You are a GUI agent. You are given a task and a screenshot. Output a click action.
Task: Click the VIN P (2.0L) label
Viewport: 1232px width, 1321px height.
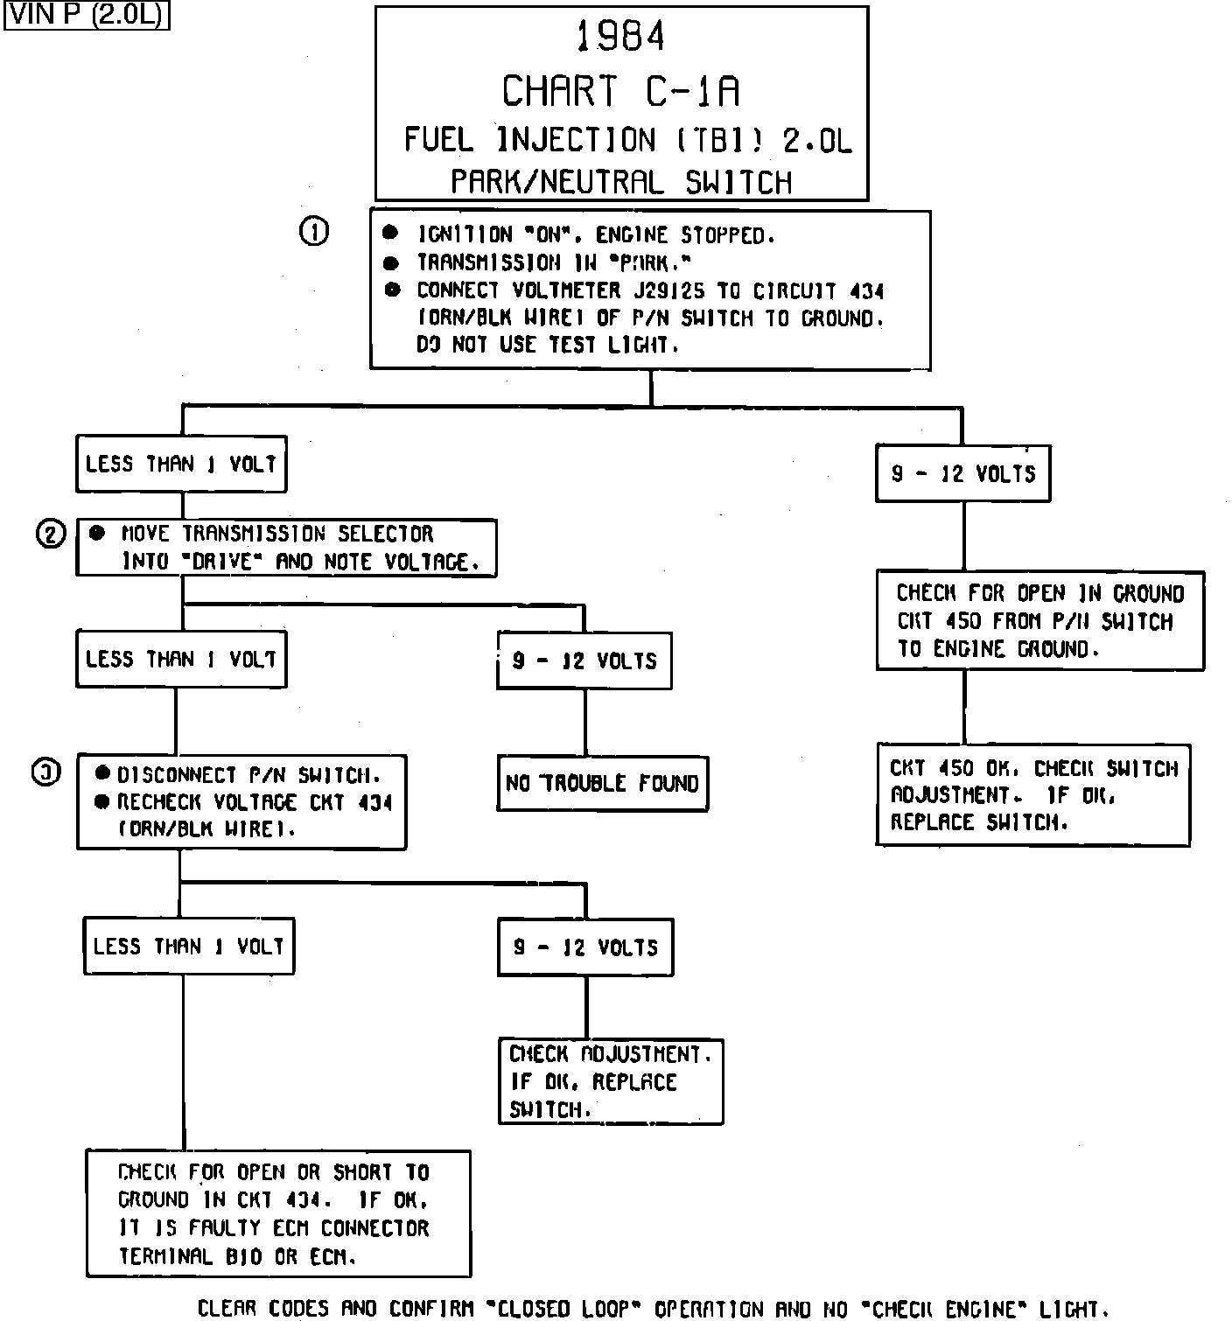(86, 17)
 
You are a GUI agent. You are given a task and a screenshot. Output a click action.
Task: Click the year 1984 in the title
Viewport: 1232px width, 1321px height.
(621, 37)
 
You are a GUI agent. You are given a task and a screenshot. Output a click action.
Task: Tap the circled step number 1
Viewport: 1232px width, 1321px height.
(315, 232)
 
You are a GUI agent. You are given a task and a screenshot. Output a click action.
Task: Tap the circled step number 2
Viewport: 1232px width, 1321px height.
(51, 533)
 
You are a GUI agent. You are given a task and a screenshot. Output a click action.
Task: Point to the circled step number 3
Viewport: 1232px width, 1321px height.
(47, 772)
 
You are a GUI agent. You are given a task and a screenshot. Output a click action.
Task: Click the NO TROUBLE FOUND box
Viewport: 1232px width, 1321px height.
(602, 784)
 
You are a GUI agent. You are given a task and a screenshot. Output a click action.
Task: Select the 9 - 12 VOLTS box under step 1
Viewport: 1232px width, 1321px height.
(962, 473)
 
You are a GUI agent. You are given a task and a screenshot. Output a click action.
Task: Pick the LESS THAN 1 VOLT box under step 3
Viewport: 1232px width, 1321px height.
(189, 946)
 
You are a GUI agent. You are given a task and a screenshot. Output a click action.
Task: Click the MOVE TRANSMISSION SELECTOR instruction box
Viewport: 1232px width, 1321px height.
(286, 548)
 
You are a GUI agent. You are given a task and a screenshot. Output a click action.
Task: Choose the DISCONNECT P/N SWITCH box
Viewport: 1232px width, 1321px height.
(241, 801)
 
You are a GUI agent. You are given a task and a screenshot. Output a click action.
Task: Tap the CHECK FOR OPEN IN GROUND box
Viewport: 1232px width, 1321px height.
(1039, 621)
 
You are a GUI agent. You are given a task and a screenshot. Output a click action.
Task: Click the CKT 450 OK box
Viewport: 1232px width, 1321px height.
(1033, 794)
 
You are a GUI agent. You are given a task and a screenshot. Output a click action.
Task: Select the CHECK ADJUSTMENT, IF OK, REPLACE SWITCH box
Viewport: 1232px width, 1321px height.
(610, 1080)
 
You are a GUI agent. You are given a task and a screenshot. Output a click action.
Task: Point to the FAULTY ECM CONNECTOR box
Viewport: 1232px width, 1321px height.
(278, 1213)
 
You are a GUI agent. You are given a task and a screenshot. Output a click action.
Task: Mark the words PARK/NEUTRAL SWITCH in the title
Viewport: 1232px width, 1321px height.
(621, 182)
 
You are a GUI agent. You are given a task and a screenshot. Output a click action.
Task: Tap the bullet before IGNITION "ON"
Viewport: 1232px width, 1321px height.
(392, 234)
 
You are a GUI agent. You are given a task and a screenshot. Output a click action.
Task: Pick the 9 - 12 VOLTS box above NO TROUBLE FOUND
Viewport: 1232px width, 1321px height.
(584, 660)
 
